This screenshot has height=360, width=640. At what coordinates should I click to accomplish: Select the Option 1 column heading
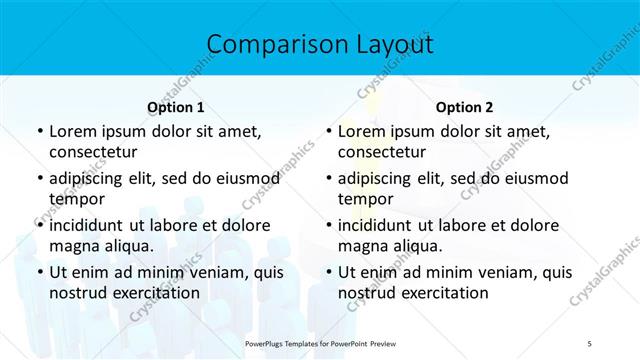[x=176, y=107]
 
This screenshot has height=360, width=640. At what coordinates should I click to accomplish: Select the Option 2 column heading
[x=465, y=107]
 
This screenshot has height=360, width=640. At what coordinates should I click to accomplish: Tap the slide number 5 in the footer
[x=590, y=344]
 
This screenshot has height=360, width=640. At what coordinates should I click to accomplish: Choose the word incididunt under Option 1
[x=92, y=225]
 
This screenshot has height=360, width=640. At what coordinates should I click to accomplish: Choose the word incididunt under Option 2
[x=381, y=225]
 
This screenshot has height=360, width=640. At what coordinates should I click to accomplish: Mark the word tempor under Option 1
[x=77, y=198]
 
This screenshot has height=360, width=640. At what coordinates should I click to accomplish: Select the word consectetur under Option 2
[x=383, y=152]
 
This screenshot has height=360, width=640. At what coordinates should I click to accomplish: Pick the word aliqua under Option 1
[x=123, y=246]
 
